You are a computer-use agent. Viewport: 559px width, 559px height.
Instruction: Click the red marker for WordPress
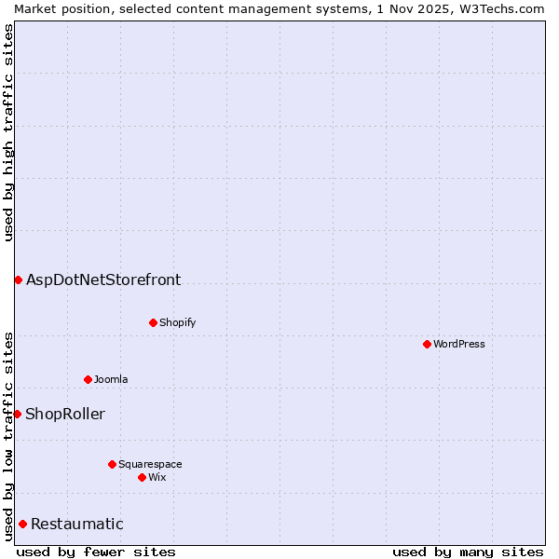point(427,344)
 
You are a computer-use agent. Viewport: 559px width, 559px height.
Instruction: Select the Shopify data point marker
point(153,322)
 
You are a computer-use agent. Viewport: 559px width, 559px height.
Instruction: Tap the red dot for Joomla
point(88,379)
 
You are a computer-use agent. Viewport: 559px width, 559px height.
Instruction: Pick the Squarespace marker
point(112,464)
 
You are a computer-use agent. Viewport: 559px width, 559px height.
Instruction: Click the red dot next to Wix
point(142,477)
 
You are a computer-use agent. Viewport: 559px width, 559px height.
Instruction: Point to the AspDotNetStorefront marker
point(18,279)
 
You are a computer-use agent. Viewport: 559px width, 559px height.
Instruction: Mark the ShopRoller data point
point(17,414)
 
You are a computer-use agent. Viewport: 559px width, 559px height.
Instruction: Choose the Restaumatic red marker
point(22,524)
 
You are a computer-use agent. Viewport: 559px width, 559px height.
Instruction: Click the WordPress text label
point(459,344)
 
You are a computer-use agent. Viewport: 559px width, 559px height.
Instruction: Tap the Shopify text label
point(177,322)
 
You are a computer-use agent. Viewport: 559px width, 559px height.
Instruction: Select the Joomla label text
point(111,379)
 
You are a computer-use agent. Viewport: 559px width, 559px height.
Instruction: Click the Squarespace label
point(150,464)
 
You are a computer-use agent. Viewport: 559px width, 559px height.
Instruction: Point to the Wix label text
point(157,477)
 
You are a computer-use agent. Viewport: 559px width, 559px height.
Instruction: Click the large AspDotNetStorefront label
point(103,279)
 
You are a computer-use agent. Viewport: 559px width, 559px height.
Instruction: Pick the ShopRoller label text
point(65,414)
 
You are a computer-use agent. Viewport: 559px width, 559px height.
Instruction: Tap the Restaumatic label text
point(76,524)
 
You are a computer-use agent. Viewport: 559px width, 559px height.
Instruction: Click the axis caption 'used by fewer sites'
point(96,552)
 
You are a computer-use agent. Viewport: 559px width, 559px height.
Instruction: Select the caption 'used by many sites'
point(468,552)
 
